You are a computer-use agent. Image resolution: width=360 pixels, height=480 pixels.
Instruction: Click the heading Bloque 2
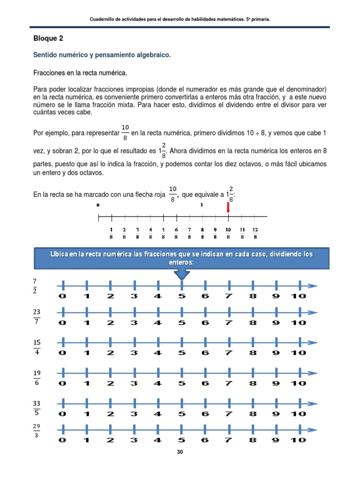tap(48, 38)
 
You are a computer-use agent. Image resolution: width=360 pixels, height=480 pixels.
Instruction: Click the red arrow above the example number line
tap(228, 207)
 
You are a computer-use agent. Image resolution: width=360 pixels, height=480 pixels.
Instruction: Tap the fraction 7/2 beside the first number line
tap(35, 286)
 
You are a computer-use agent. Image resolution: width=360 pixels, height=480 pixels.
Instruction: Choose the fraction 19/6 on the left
tap(37, 377)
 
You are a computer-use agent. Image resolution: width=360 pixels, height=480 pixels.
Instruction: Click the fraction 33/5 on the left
tap(37, 407)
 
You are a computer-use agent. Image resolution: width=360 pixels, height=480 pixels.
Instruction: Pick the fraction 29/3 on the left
tap(37, 431)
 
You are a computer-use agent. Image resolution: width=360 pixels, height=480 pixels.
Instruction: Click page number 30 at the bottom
tap(180, 452)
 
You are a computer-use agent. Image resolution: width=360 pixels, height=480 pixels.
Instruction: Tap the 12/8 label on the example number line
tap(255, 233)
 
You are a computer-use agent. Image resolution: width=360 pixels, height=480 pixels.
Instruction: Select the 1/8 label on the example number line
tap(112, 233)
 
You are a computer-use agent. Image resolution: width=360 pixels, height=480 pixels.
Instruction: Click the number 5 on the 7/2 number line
tap(181, 296)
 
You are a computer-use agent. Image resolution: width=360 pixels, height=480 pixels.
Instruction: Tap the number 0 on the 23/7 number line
tap(62, 322)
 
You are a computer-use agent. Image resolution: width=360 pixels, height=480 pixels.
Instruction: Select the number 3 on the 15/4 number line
tap(134, 353)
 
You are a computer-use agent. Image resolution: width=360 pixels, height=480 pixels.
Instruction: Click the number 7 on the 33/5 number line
tap(228, 413)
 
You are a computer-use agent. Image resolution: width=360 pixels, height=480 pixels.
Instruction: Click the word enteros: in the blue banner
tap(181, 262)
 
